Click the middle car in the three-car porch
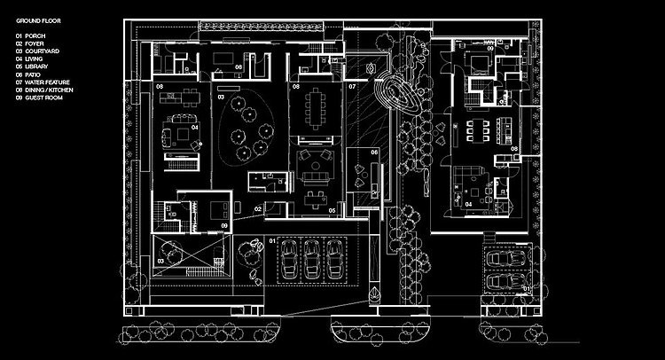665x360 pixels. tap(312, 259)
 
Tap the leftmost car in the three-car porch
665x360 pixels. tap(289, 259)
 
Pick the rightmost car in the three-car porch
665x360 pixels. tap(336, 259)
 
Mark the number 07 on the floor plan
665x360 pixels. tap(351, 87)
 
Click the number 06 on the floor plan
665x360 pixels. tap(374, 153)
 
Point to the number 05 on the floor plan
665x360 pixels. tap(331, 210)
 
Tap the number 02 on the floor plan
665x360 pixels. tap(258, 208)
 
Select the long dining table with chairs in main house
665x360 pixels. tap(315, 108)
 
